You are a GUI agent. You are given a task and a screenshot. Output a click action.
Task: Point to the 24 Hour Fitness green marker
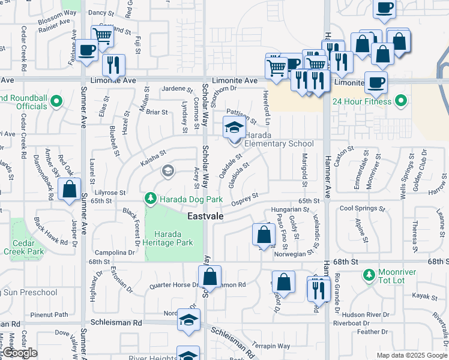pyautogui.click(x=401, y=101)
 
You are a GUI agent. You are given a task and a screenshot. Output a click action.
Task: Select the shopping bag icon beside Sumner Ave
pyautogui.click(x=70, y=189)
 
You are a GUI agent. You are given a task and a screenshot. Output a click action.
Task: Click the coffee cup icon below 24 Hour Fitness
pyautogui.click(x=376, y=83)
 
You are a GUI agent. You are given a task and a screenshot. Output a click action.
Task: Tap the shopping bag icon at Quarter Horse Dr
pyautogui.click(x=209, y=277)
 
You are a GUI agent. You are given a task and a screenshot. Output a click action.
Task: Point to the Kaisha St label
pyautogui.click(x=152, y=158)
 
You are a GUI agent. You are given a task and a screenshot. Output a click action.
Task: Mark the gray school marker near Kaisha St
pyautogui.click(x=167, y=172)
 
